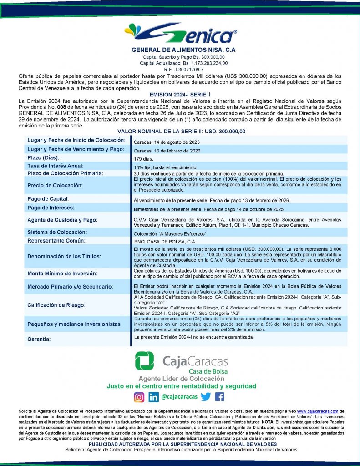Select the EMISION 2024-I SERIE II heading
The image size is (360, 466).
(x=180, y=92)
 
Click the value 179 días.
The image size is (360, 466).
(x=144, y=159)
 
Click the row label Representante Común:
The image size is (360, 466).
(x=56, y=241)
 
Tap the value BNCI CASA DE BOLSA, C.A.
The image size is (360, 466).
(x=165, y=242)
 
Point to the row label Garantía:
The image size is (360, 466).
(x=39, y=339)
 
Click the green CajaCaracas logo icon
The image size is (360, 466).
(x=144, y=361)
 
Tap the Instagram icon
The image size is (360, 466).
(x=139, y=397)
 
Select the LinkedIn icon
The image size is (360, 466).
(x=154, y=397)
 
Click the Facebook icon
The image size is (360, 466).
(x=219, y=397)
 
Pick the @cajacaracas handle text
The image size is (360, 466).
(x=179, y=397)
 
